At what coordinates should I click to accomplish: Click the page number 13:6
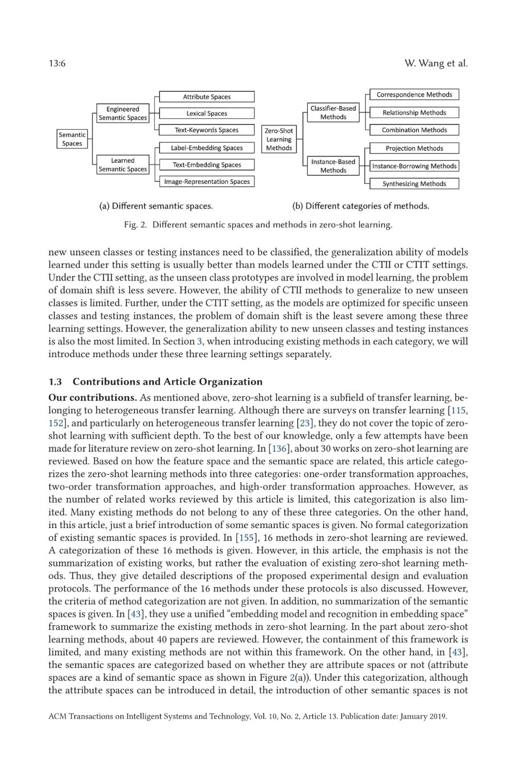(x=57, y=63)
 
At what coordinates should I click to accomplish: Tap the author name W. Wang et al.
(x=436, y=63)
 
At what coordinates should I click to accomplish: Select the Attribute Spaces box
(x=207, y=97)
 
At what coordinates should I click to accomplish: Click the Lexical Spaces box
(x=207, y=113)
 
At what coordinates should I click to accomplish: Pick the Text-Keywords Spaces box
(x=207, y=130)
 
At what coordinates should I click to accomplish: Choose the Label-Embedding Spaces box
(x=207, y=148)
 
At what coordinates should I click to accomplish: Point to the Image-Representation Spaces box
(x=207, y=181)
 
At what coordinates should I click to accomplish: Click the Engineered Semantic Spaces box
(x=123, y=113)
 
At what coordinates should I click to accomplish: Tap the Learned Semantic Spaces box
(x=123, y=165)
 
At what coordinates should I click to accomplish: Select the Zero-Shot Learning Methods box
(x=279, y=139)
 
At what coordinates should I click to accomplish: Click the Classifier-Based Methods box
(x=333, y=113)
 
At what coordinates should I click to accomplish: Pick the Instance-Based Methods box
(x=333, y=166)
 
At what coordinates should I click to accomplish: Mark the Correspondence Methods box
(x=414, y=95)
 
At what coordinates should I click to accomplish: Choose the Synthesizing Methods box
(x=414, y=184)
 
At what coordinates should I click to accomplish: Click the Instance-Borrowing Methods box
(x=414, y=166)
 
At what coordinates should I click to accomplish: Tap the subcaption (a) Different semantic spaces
(x=156, y=206)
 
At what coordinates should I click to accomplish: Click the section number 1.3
(x=55, y=382)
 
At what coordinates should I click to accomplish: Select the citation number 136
(x=279, y=449)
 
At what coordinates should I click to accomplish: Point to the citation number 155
(x=246, y=538)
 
